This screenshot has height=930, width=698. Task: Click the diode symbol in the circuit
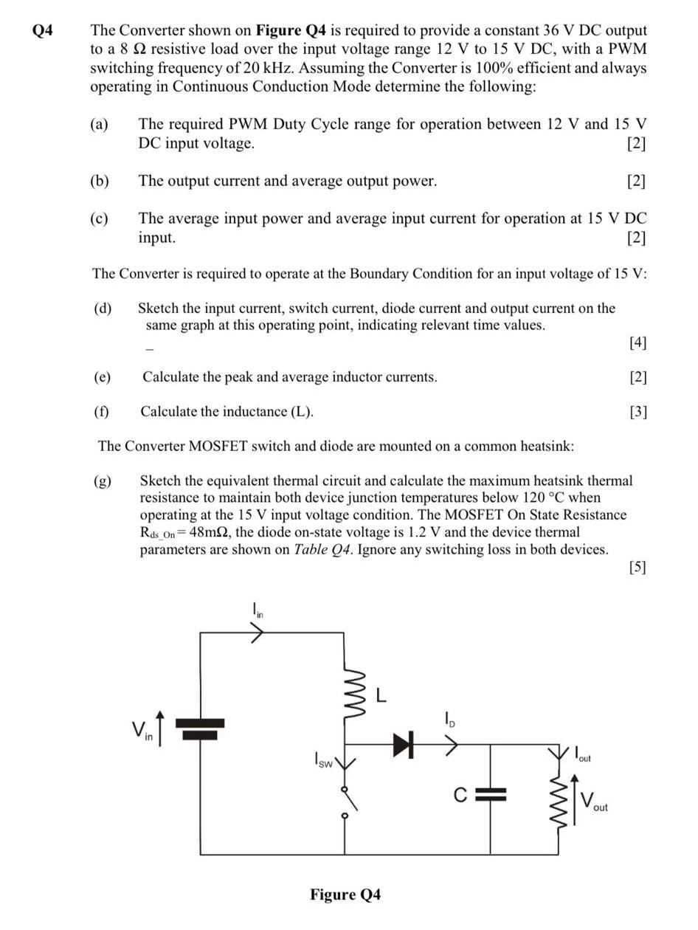tap(402, 745)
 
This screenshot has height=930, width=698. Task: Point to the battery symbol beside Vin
tap(200, 728)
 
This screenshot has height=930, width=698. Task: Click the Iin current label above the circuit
tap(258, 610)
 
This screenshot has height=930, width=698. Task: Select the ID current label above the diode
tap(449, 717)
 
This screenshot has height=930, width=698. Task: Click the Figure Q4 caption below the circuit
tap(345, 895)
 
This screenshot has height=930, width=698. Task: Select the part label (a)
tap(100, 124)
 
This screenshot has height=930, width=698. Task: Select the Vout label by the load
tap(595, 802)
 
